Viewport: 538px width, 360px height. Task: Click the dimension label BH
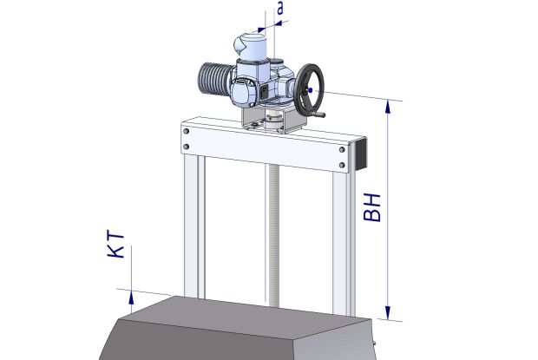pyautogui.click(x=372, y=208)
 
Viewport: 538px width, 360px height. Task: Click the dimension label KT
pyautogui.click(x=115, y=245)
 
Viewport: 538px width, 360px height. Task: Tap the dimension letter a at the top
pyautogui.click(x=280, y=9)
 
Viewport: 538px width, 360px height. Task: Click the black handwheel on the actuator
pyautogui.click(x=309, y=90)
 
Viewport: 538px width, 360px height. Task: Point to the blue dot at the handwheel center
pyautogui.click(x=310, y=90)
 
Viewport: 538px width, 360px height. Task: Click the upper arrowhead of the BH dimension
pyautogui.click(x=388, y=107)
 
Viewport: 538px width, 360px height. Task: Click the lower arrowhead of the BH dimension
pyautogui.click(x=388, y=312)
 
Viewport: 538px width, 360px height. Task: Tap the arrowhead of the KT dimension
pyautogui.click(x=131, y=298)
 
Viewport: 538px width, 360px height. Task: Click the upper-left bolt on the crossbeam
pyautogui.click(x=187, y=131)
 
